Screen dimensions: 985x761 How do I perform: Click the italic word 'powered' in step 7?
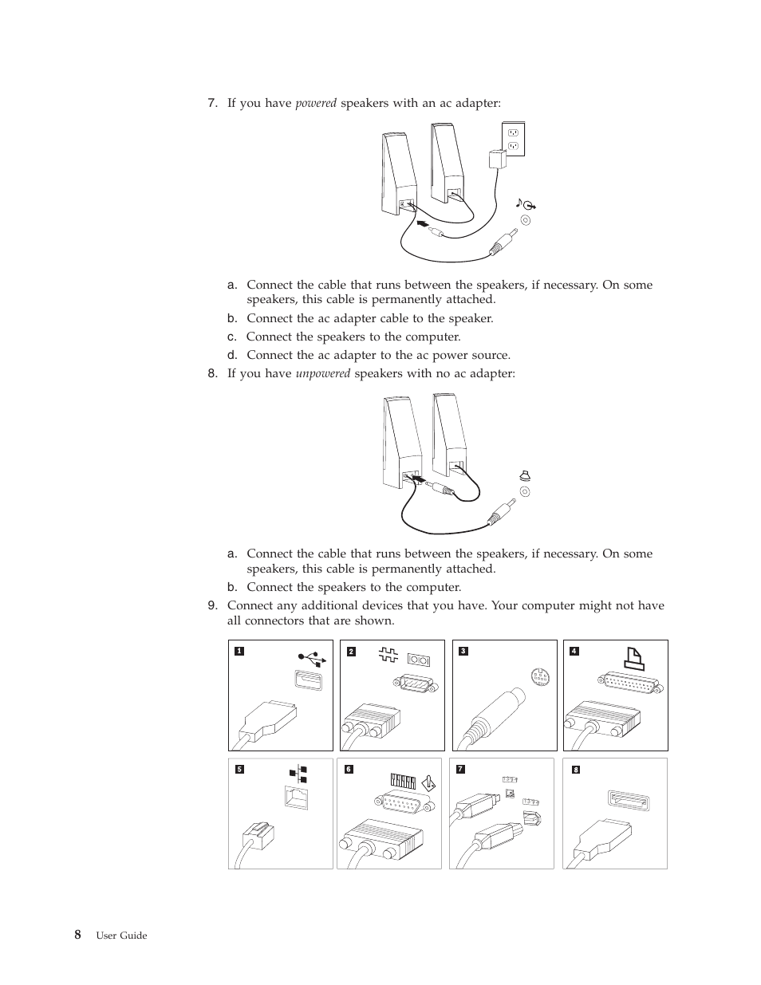pyautogui.click(x=316, y=104)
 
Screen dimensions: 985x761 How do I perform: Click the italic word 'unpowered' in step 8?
pyautogui.click(x=322, y=373)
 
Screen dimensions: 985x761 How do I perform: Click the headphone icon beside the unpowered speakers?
pyautogui.click(x=524, y=475)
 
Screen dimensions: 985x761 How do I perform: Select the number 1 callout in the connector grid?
pyautogui.click(x=238, y=651)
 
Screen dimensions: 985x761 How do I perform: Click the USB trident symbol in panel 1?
pyautogui.click(x=311, y=658)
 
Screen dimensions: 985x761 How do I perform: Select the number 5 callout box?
pyautogui.click(x=238, y=769)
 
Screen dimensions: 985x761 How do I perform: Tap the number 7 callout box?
pyautogui.click(x=459, y=769)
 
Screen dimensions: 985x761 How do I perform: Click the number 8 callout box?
pyautogui.click(x=575, y=770)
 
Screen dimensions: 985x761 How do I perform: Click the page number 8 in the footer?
pyautogui.click(x=77, y=935)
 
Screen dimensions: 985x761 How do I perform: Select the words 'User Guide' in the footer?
pyautogui.click(x=121, y=936)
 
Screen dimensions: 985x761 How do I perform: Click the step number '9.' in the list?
pyautogui.click(x=212, y=605)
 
